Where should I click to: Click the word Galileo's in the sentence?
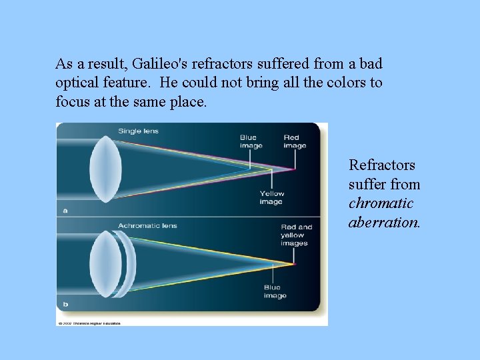point(160,64)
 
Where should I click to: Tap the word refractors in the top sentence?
point(218,64)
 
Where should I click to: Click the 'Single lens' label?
point(139,131)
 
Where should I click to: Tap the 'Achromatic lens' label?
point(148,226)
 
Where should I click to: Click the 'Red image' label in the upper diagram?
point(295,142)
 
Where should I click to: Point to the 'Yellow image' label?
point(271,197)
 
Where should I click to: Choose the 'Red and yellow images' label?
point(296,235)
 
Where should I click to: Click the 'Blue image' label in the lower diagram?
point(275,291)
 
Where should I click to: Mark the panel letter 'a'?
point(65,209)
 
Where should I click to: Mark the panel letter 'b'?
point(65,304)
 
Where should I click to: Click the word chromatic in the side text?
point(381,203)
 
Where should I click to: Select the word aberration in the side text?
point(383,222)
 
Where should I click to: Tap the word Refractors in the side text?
point(381,165)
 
